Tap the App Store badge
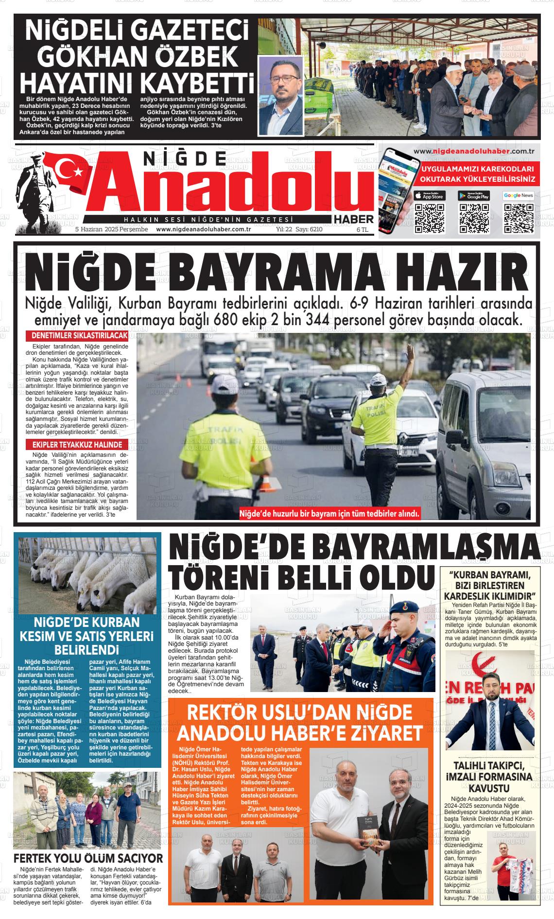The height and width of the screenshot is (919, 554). point(429,196)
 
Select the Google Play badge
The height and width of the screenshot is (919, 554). point(474,196)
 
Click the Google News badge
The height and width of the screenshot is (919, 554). point(519,195)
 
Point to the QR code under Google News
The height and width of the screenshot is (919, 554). point(519,218)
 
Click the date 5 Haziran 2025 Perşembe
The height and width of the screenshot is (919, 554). point(111,229)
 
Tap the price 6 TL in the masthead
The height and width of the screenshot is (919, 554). point(363,229)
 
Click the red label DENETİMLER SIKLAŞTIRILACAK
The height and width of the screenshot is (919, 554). point(79,336)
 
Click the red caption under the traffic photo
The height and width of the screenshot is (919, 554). point(329,514)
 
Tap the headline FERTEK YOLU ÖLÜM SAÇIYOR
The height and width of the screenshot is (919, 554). point(88,858)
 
